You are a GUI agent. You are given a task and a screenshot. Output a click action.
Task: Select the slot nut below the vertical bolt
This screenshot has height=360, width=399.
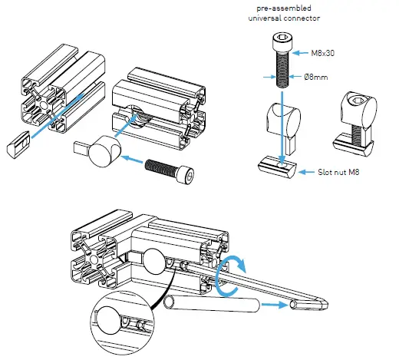pyautogui.click(x=279, y=166)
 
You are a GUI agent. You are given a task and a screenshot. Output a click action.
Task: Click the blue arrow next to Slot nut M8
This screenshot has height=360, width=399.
pyautogui.click(x=300, y=170)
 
